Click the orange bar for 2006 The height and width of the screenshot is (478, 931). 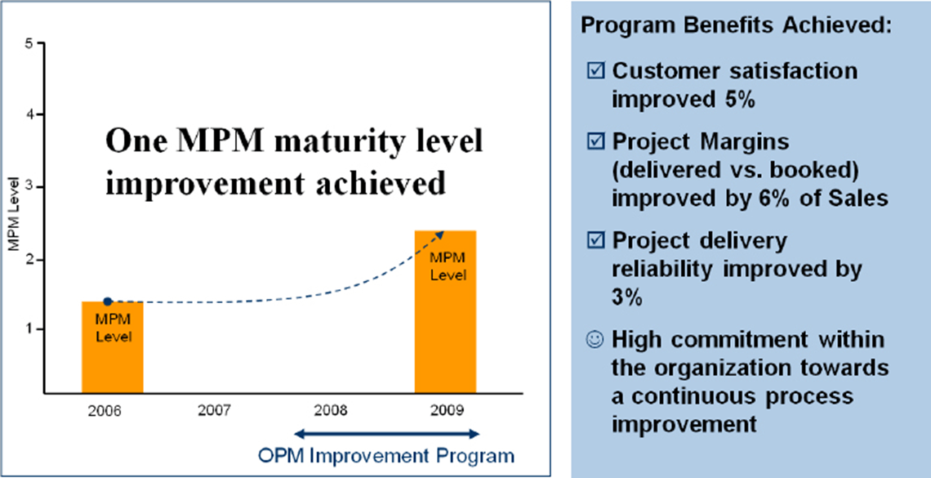pyautogui.click(x=113, y=347)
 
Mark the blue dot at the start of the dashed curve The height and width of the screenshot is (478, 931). pyautogui.click(x=107, y=302)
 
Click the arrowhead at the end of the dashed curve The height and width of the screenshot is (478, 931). pyautogui.click(x=441, y=234)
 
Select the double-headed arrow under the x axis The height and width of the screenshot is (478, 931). pyautogui.click(x=386, y=433)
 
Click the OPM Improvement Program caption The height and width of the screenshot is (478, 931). pyautogui.click(x=386, y=455)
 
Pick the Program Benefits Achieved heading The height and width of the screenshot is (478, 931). pyautogui.click(x=736, y=25)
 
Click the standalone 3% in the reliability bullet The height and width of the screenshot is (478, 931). pyautogui.click(x=627, y=297)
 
